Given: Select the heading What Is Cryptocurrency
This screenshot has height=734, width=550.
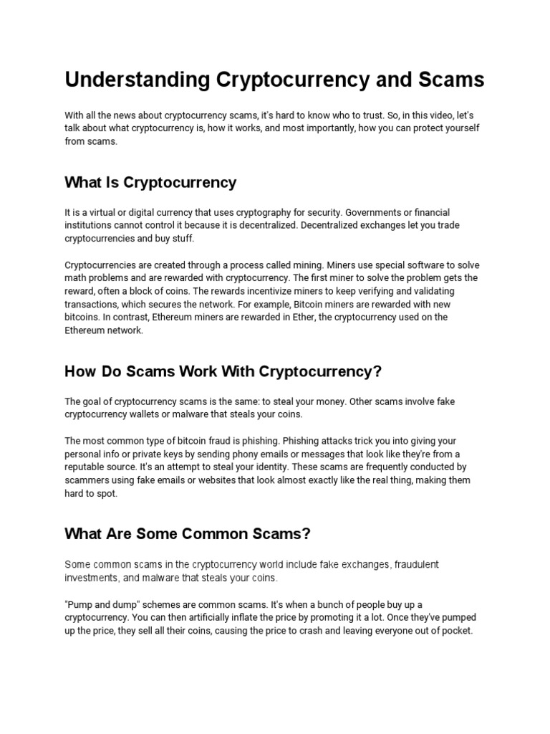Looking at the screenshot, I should (x=150, y=182).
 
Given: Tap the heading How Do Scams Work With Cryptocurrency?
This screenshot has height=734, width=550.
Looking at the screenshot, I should (x=223, y=371).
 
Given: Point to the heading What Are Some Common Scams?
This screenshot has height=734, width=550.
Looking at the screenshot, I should (x=188, y=534).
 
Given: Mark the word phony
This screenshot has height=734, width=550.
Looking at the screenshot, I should (x=264, y=454).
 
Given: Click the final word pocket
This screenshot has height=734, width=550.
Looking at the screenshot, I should (x=456, y=631).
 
